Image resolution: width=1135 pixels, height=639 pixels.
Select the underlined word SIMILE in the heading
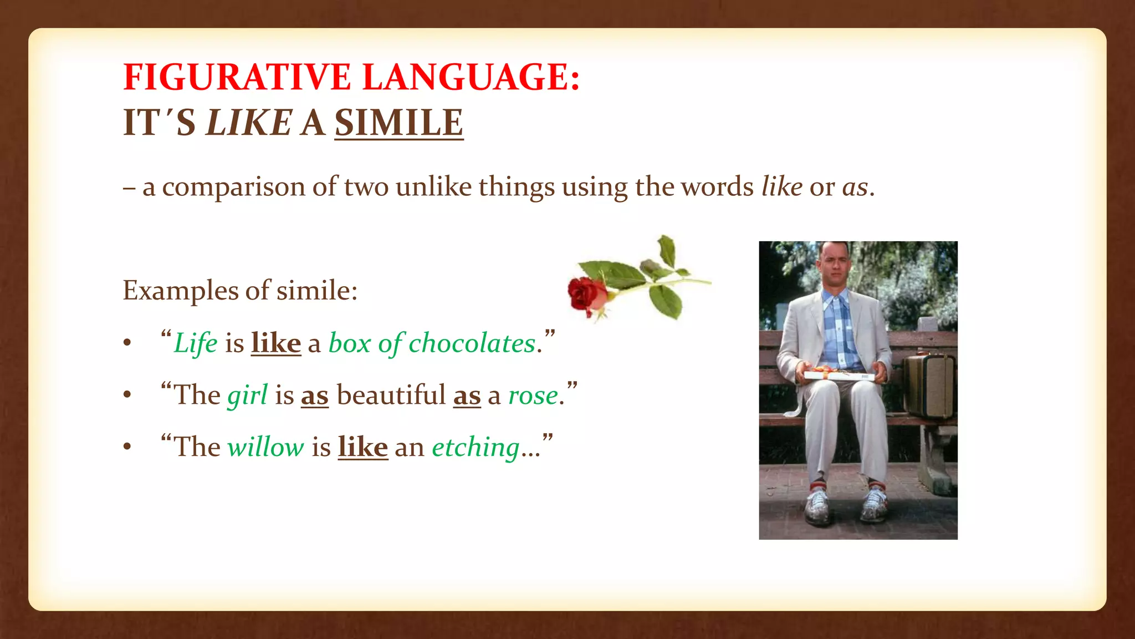click(398, 123)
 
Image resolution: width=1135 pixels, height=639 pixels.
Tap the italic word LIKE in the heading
click(248, 123)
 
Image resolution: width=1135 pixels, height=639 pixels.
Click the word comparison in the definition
click(233, 187)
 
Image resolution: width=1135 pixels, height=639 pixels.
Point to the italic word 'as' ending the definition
click(855, 187)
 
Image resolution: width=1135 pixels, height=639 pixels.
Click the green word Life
click(195, 343)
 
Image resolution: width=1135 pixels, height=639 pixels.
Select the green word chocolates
click(472, 343)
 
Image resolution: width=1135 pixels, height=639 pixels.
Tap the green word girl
click(247, 395)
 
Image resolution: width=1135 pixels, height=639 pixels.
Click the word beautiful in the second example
click(391, 395)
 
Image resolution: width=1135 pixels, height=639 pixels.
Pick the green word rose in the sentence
click(533, 396)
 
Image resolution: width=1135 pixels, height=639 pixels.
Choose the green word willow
click(265, 447)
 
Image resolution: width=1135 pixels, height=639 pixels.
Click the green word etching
click(475, 448)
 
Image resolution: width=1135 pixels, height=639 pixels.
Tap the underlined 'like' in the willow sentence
click(362, 447)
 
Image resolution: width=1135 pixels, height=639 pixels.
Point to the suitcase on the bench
click(929, 386)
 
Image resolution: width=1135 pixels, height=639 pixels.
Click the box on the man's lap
click(839, 374)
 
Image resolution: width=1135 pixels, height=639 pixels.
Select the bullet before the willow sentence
click(127, 447)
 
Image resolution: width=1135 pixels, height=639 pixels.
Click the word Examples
click(180, 291)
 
